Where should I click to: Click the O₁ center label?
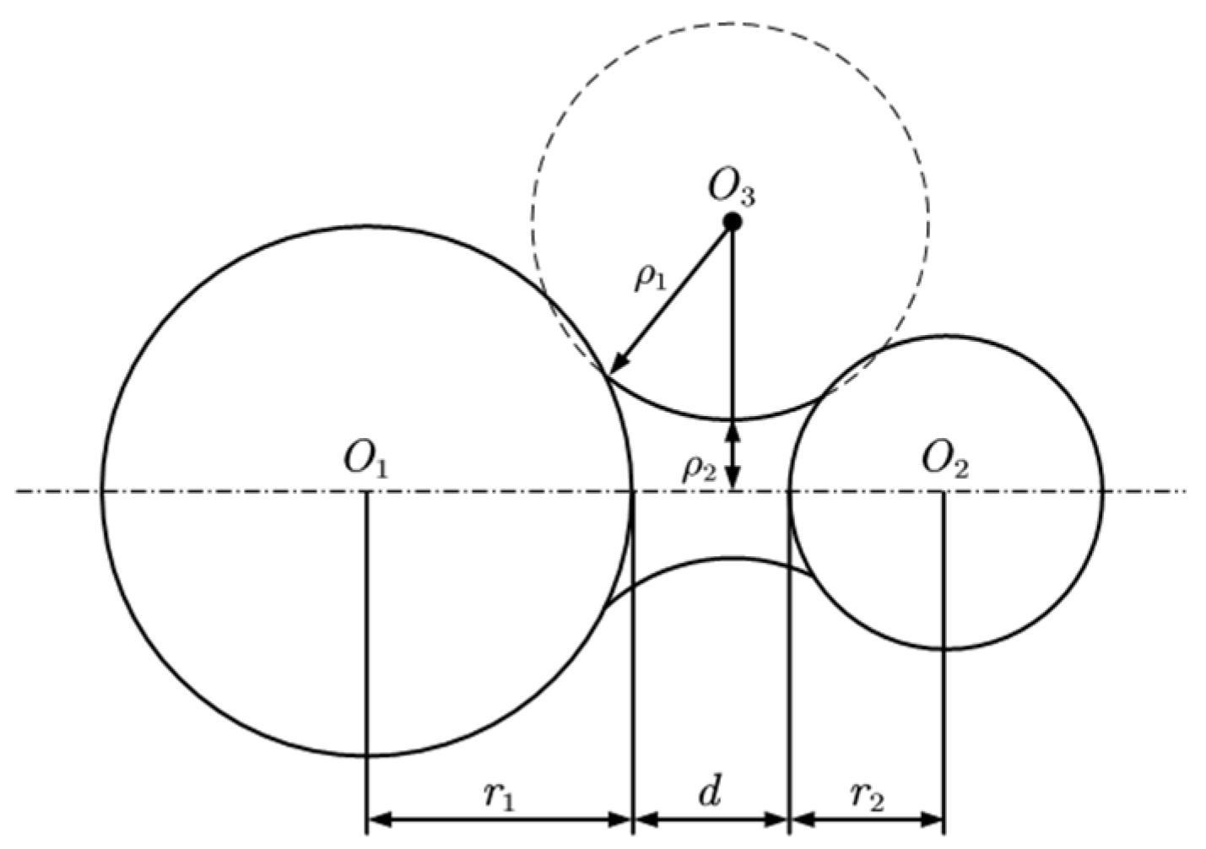coord(365,462)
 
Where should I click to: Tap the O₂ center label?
coord(944,462)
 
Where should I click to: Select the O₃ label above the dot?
coord(731,190)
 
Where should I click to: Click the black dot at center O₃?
coord(733,222)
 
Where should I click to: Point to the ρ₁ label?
coord(650,277)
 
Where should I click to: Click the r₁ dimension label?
coord(500,795)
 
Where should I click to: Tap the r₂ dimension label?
coord(867,795)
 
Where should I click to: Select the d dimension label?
coord(711,793)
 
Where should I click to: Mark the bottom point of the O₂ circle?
coord(945,648)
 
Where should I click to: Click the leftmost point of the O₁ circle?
coord(102,491)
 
